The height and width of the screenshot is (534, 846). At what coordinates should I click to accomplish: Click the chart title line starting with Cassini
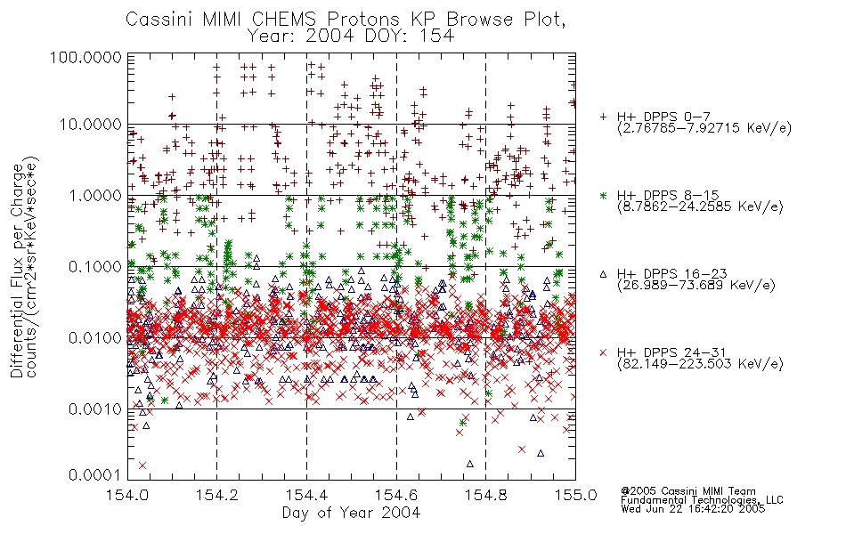(346, 20)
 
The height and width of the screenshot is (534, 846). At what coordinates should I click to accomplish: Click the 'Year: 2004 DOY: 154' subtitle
(351, 36)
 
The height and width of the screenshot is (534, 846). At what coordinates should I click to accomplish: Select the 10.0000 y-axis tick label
(91, 125)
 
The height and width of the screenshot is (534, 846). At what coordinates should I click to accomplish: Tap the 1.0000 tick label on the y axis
(95, 196)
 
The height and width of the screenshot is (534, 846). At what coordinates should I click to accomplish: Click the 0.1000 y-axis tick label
(95, 267)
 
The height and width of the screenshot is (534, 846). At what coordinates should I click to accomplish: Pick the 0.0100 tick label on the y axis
(95, 338)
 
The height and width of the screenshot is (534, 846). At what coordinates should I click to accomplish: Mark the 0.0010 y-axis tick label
(95, 409)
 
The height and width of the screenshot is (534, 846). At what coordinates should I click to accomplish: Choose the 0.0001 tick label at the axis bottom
(95, 475)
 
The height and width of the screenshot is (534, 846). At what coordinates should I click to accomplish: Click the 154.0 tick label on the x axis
(127, 495)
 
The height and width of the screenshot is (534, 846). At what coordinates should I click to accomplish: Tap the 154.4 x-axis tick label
(307, 495)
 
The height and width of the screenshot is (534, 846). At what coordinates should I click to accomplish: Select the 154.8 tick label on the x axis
(485, 495)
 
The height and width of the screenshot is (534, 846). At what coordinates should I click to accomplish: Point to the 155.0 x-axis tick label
(575, 495)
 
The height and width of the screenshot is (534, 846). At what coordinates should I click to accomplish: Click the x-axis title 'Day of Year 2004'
(351, 513)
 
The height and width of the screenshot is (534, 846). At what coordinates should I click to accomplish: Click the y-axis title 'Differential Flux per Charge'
(18, 271)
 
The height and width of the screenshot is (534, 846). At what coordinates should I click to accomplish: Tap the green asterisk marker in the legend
(603, 196)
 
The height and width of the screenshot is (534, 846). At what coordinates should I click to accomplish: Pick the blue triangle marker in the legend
(603, 274)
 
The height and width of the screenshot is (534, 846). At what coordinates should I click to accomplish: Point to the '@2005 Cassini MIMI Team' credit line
(687, 491)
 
